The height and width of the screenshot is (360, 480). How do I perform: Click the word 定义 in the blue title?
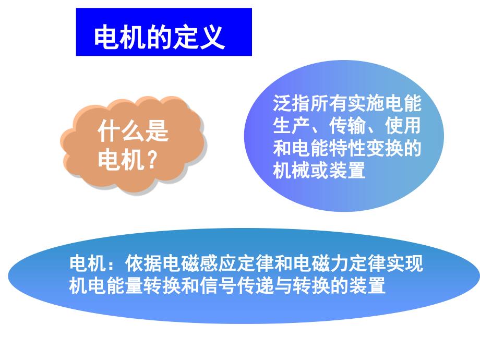[x=199, y=37]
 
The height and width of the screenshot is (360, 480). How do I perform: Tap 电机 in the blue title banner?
[x=120, y=37]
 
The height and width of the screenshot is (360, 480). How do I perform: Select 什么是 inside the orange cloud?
[x=133, y=131]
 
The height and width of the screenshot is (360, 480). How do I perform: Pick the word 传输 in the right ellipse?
[x=347, y=126]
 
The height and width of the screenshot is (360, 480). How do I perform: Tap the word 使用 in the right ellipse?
[x=403, y=126]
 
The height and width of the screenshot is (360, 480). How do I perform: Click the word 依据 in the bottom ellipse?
[x=143, y=263]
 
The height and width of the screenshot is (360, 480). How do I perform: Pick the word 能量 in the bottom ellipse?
[x=125, y=285]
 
